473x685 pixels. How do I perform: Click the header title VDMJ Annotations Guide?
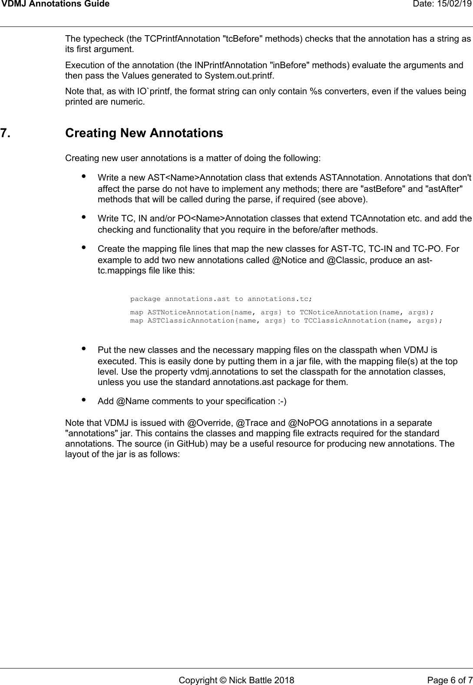coord(55,5)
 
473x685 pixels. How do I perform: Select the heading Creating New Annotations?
coord(144,133)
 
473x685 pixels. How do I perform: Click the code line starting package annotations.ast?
coord(221,299)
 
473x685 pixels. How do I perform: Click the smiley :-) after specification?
coord(282,401)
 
